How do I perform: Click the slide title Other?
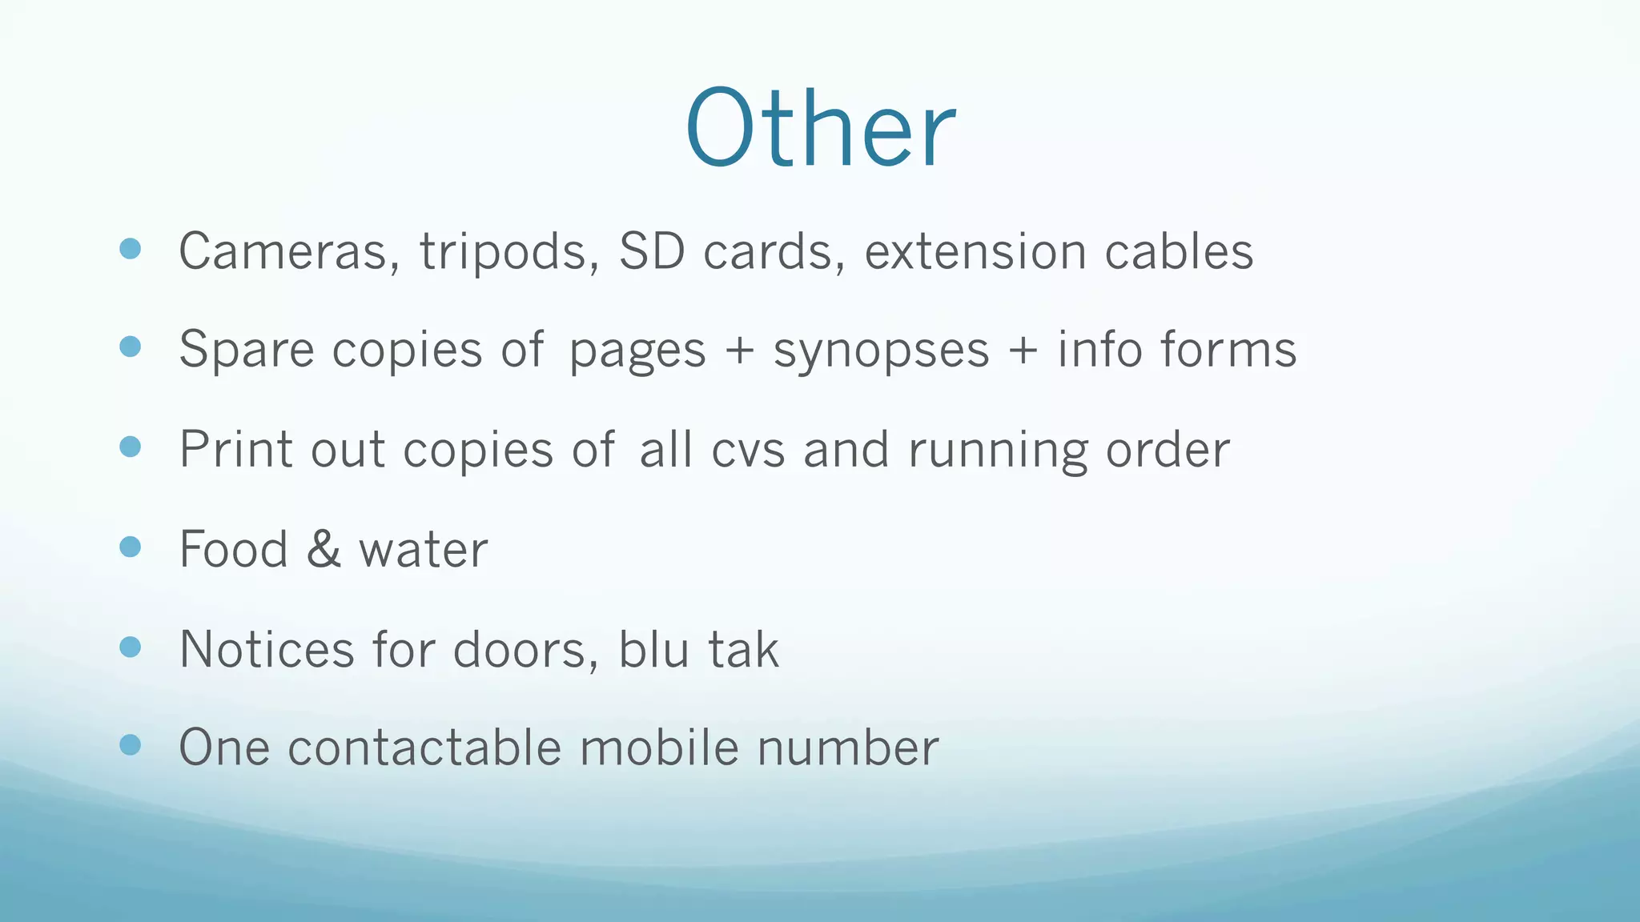pyautogui.click(x=820, y=128)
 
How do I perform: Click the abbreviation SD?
pyautogui.click(x=652, y=251)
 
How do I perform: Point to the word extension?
pyautogui.click(x=975, y=251)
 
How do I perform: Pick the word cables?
pyautogui.click(x=1179, y=251)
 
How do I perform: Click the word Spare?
pyautogui.click(x=247, y=351)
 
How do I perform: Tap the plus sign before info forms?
pyautogui.click(x=1023, y=351)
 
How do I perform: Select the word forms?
pyautogui.click(x=1228, y=351)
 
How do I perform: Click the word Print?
pyautogui.click(x=236, y=449)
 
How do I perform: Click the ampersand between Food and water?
pyautogui.click(x=324, y=549)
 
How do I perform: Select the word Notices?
pyautogui.click(x=267, y=649)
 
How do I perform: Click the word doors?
pyautogui.click(x=525, y=649)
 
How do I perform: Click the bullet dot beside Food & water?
pyautogui.click(x=130, y=547)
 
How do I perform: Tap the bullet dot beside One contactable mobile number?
pyautogui.click(x=130, y=745)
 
